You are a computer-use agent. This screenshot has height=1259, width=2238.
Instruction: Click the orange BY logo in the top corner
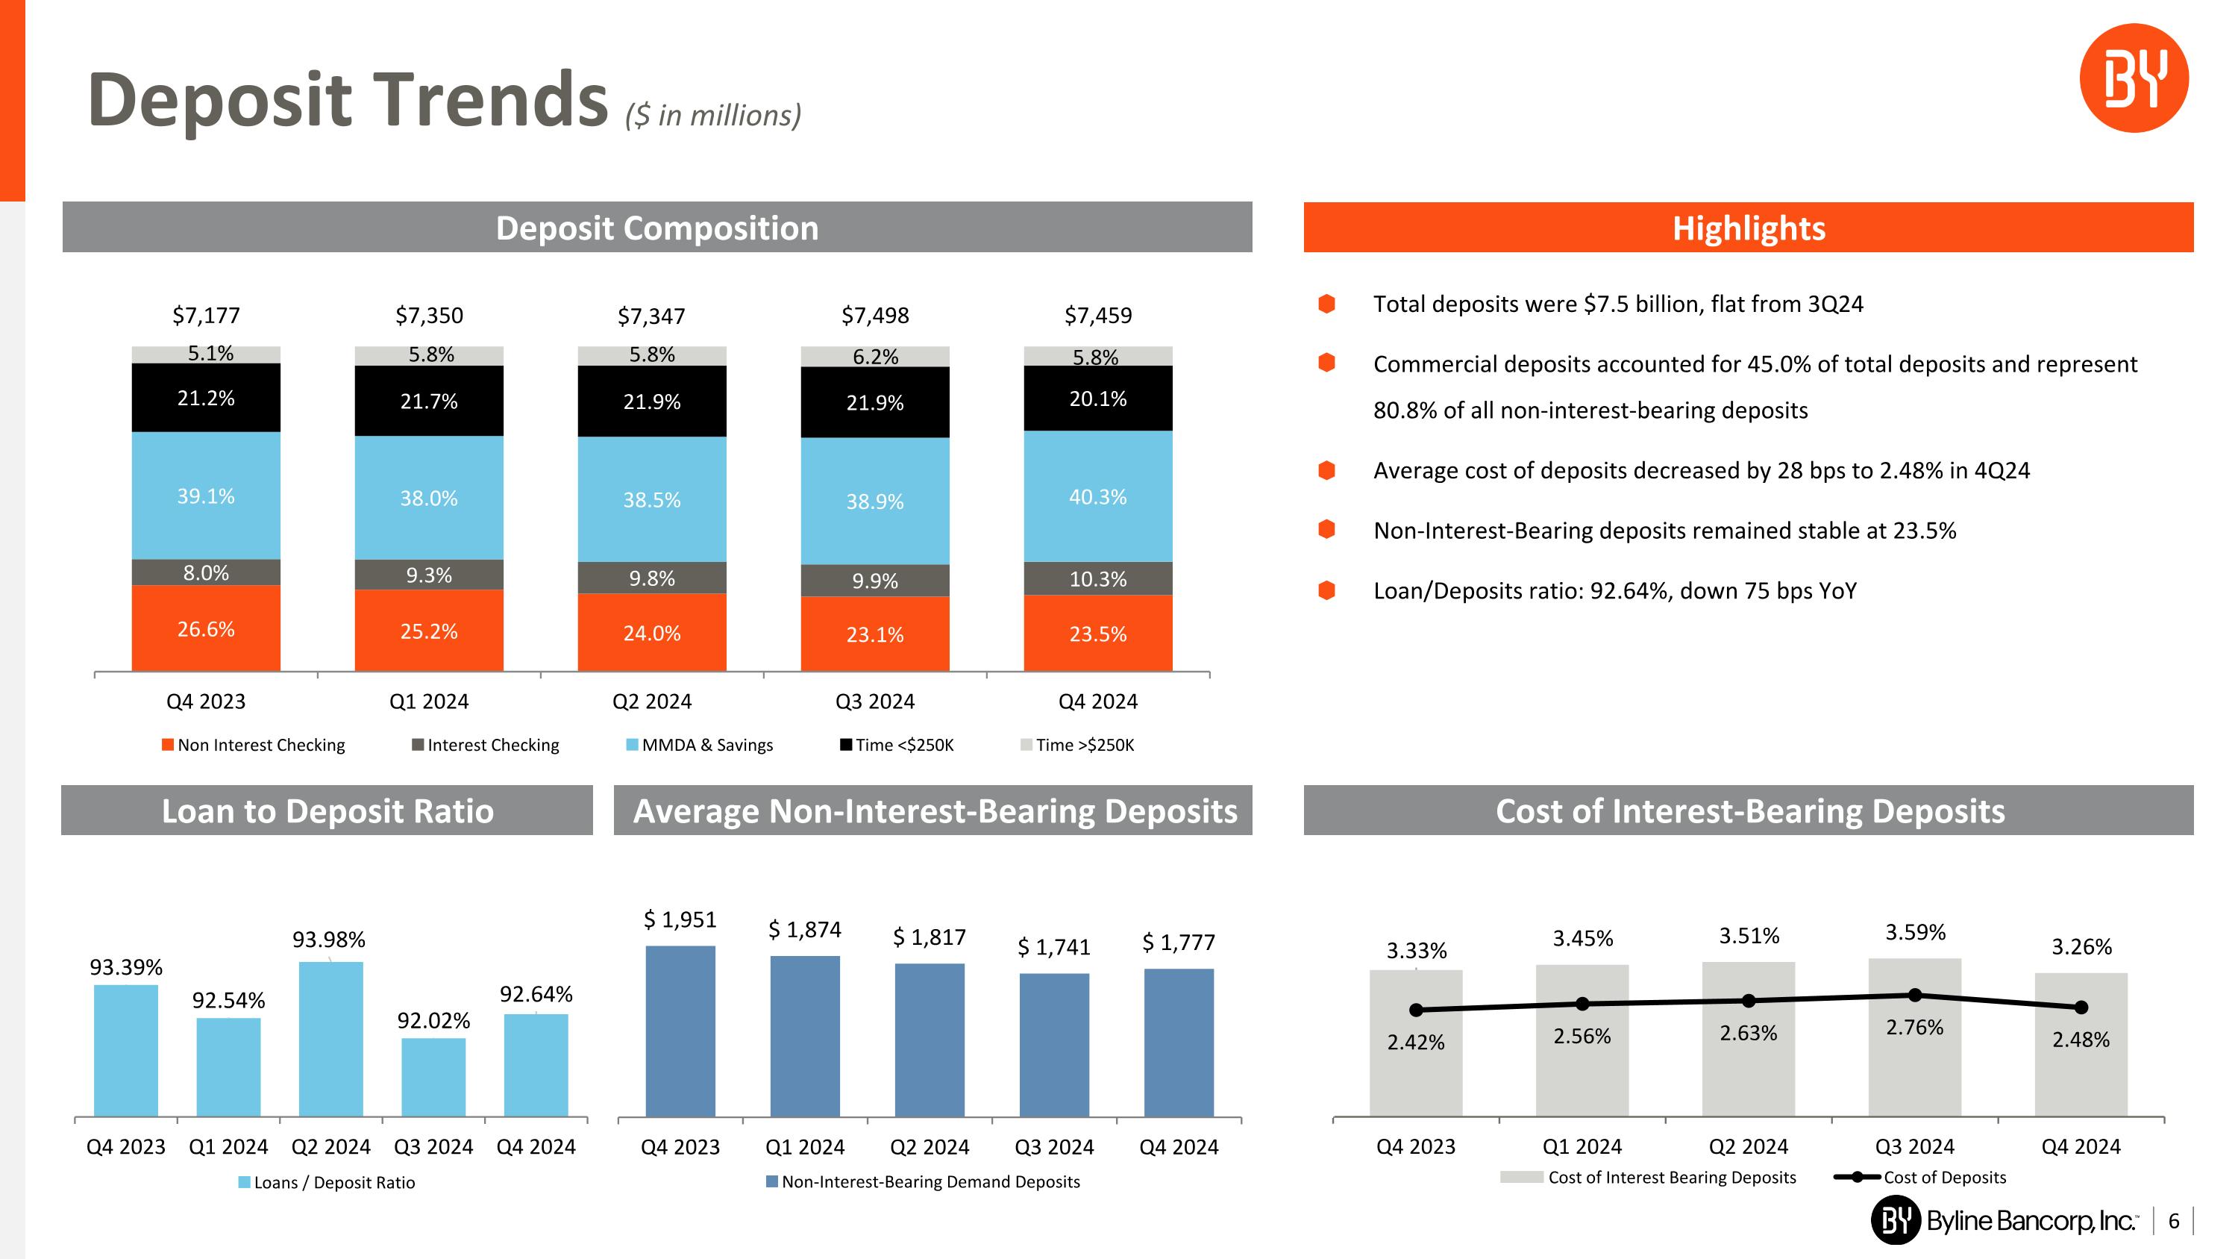tap(2133, 78)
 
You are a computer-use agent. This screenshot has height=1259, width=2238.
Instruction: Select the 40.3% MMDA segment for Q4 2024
tap(1097, 496)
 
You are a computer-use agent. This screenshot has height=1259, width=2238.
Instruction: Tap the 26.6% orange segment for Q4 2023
tap(206, 628)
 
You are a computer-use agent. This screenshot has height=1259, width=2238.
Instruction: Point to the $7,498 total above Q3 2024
tap(875, 316)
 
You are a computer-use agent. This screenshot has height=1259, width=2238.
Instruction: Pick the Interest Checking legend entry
tap(486, 745)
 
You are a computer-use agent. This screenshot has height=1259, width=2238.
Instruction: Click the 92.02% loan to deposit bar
tap(433, 1077)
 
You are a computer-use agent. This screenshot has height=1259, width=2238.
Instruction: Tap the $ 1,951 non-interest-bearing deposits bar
tap(680, 1031)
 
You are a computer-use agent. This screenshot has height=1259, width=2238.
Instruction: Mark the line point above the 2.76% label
tap(1915, 995)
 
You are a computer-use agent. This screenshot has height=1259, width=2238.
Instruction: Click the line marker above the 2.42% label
tap(1416, 1010)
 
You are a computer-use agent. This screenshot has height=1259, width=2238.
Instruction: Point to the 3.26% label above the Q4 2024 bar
tap(2081, 946)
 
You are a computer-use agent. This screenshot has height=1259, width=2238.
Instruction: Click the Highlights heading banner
tap(1748, 228)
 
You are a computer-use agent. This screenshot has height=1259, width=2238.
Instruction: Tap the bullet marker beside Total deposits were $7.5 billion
tap(1326, 303)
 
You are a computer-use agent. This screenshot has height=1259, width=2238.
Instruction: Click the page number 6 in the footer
tap(2173, 1221)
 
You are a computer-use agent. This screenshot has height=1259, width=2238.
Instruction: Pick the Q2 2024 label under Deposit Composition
tap(651, 702)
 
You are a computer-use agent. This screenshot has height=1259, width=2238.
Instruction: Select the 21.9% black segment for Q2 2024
tap(651, 402)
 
